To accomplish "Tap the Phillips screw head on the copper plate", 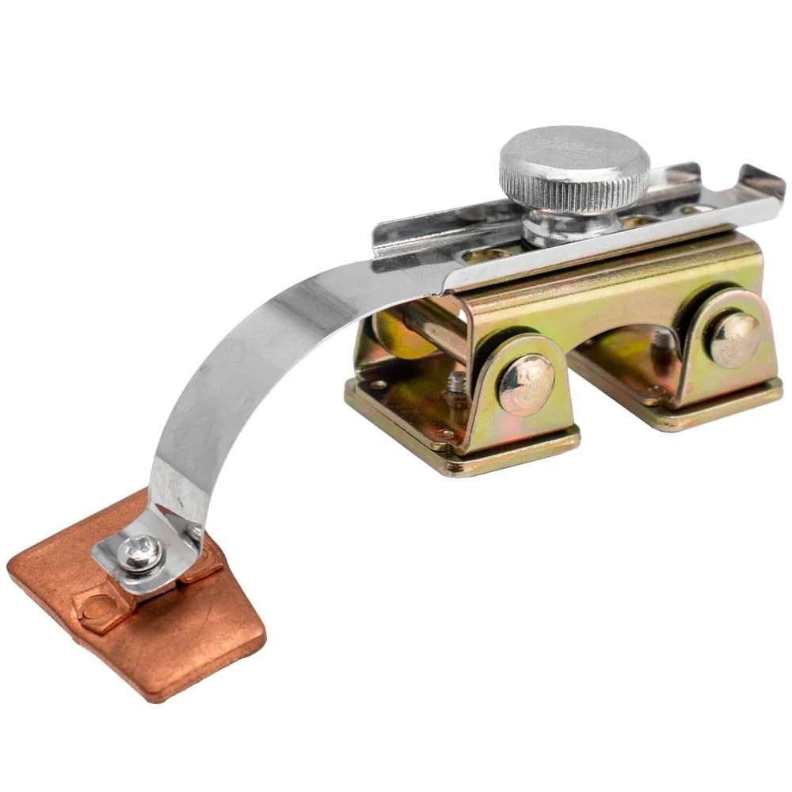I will pyautogui.click(x=142, y=553).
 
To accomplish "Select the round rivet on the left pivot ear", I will pyautogui.click(x=525, y=384).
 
